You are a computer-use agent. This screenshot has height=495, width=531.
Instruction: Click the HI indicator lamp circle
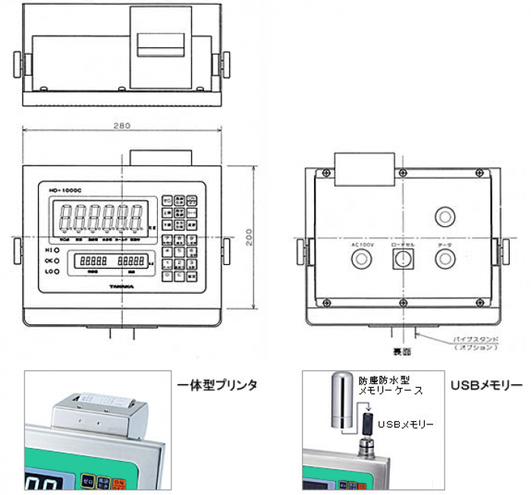pos(57,250)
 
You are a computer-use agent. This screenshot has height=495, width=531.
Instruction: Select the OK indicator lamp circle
pos(57,260)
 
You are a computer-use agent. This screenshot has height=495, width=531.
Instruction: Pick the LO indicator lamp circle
pos(57,271)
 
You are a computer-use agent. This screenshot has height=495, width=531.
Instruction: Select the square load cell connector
pos(401,260)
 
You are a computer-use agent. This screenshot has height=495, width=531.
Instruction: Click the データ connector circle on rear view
pos(445,260)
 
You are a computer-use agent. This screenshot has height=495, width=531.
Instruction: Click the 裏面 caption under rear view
pos(401,352)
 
